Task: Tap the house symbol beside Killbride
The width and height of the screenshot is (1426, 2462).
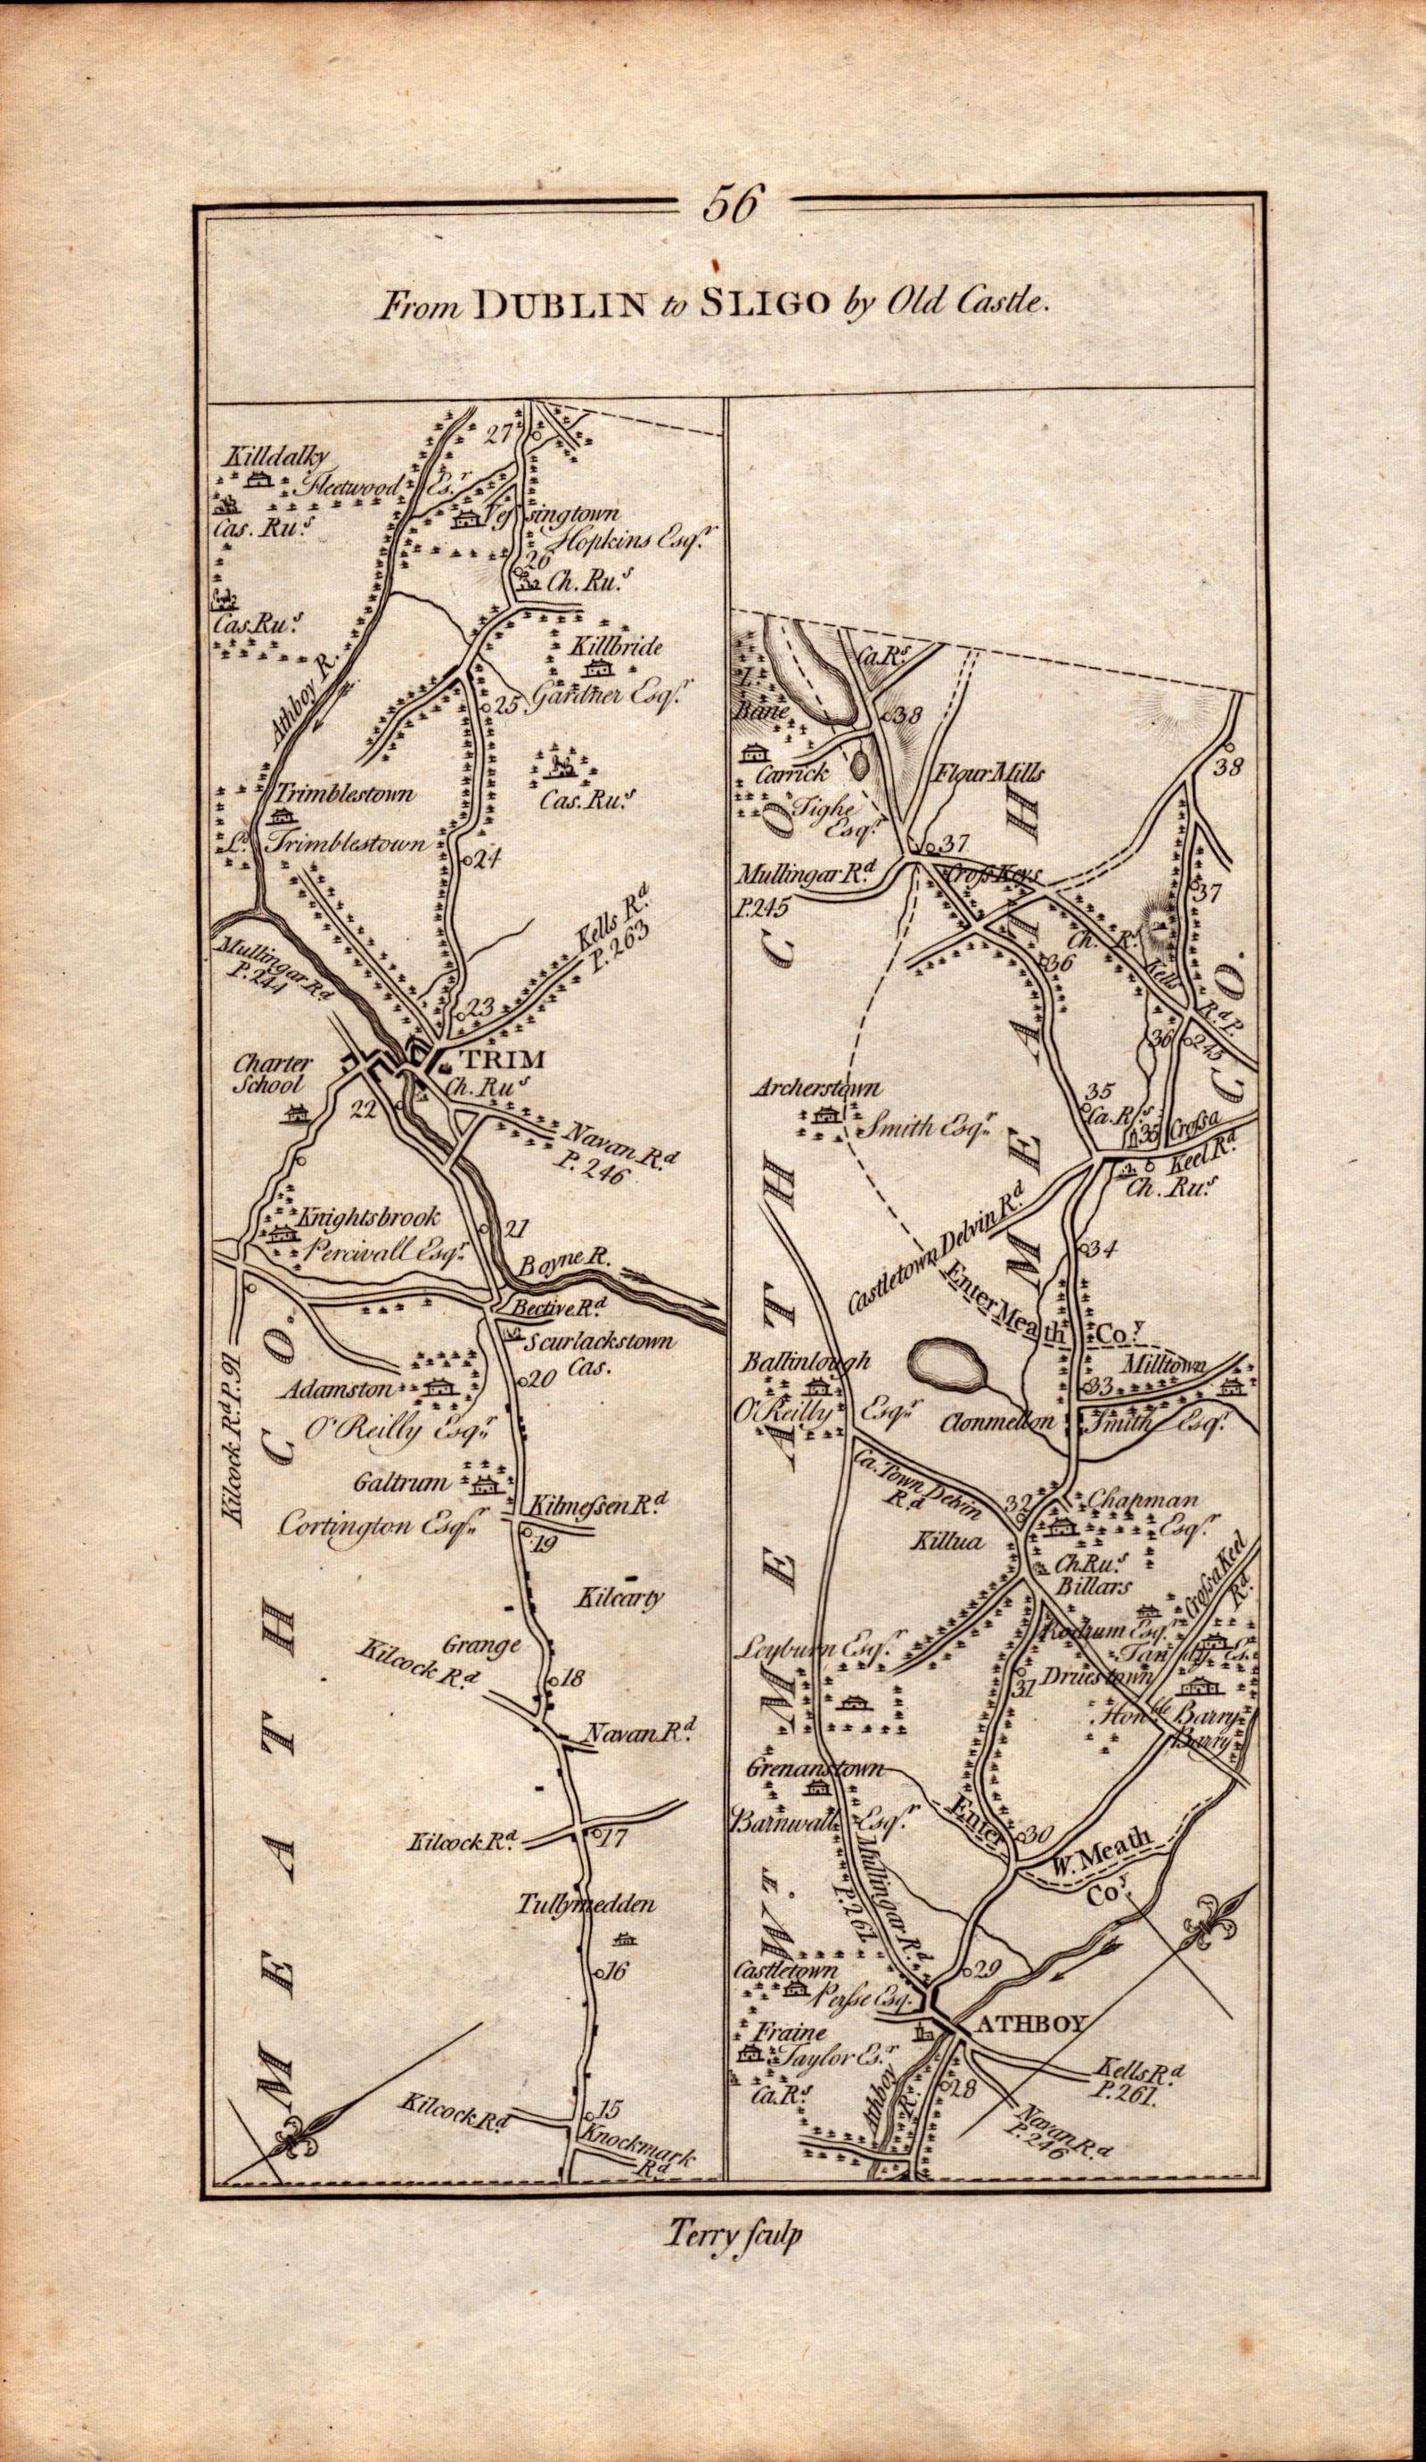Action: [x=594, y=671]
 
